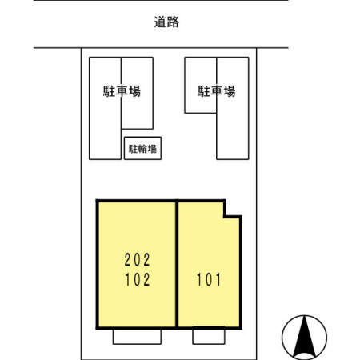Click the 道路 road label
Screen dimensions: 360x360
[166, 22]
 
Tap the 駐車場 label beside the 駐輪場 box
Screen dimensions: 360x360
[122, 91]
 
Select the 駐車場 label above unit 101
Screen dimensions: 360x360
[217, 91]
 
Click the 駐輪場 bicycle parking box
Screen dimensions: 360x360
[142, 148]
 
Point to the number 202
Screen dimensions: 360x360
[137, 260]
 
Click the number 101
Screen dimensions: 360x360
[209, 281]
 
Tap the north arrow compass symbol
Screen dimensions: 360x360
[305, 335]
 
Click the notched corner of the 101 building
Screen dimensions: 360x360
[232, 210]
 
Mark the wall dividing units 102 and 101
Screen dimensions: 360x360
[177, 264]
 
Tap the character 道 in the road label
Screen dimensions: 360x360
[160, 22]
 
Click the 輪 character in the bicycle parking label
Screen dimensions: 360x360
[142, 148]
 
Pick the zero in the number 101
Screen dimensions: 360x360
[209, 281]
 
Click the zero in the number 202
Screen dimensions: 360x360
[137, 260]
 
